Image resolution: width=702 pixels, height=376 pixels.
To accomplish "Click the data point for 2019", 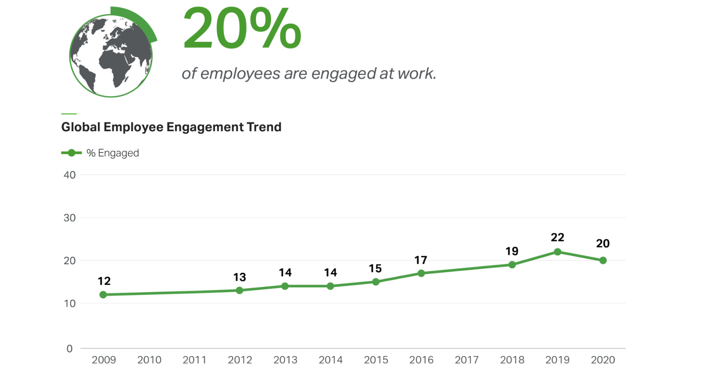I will point(557,252).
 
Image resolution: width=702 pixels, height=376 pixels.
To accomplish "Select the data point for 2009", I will point(103,295).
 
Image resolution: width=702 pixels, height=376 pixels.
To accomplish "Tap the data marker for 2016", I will point(421,273).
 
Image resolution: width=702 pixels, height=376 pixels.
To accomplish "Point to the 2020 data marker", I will point(603,261).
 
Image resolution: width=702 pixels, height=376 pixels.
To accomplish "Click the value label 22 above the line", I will point(557,237).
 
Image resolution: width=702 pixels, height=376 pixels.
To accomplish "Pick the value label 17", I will point(421,260).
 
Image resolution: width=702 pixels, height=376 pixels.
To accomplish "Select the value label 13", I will point(240,277).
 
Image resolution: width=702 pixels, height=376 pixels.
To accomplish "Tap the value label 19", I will point(512,251).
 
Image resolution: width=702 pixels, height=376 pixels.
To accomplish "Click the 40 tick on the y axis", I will point(70,175).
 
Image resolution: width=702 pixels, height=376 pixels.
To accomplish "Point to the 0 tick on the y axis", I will point(70,349).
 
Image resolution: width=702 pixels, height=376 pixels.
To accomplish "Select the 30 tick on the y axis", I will point(70,218).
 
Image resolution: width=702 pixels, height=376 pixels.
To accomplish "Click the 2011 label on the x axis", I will point(194,360).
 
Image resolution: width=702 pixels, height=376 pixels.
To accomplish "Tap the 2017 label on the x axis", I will point(466,360).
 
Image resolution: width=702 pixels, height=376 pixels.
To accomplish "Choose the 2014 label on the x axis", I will point(330,360).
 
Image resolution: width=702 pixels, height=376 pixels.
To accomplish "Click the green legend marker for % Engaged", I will point(71,153).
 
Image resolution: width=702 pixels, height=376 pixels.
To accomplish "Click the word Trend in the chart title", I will point(264,127).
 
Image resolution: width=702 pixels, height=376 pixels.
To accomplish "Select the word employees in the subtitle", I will point(240,74).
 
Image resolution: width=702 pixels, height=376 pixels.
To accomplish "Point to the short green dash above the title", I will point(69,114).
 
